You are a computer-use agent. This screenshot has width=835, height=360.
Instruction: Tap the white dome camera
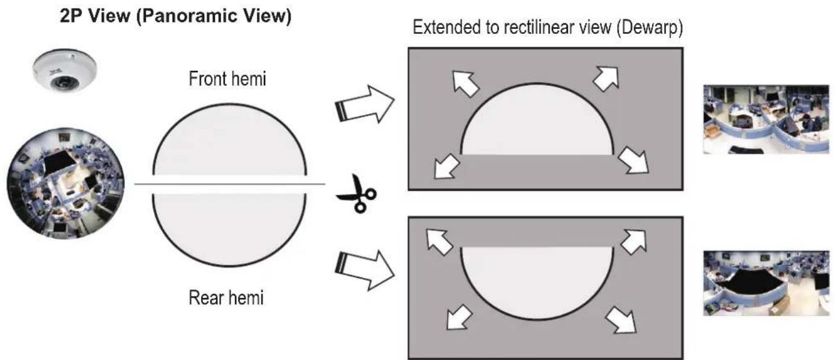65,71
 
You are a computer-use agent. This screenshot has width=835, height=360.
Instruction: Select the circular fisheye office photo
65,183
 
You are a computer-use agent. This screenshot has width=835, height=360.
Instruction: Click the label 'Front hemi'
228,79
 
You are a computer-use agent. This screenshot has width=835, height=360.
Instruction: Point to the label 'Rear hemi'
226,298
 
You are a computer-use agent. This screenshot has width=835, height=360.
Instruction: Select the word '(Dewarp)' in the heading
649,28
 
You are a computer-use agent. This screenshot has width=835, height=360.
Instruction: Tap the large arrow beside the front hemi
365,104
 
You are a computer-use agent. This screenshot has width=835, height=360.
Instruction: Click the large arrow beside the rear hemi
365,271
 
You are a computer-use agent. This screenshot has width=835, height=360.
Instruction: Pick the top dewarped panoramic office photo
766,119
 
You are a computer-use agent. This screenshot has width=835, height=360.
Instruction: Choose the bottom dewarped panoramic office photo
766,283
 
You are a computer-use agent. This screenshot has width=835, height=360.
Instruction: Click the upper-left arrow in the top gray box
465,83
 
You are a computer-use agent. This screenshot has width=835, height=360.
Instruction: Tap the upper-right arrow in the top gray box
606,78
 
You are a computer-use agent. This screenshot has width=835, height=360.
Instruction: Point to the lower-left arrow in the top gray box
446,166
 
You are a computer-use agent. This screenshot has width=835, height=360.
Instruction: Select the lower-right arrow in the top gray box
633,161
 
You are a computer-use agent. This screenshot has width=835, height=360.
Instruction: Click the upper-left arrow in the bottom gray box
439,242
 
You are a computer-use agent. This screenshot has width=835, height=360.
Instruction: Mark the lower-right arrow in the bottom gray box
621,320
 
